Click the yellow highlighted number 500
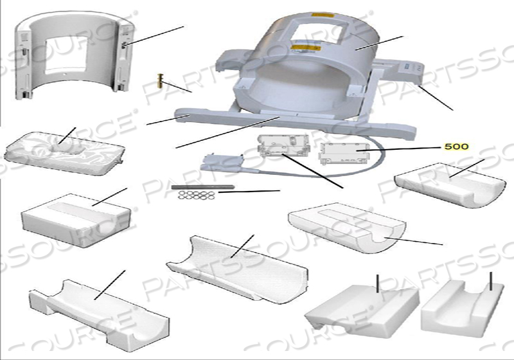pyautogui.click(x=456, y=147)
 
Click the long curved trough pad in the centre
pyautogui.click(x=235, y=267)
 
